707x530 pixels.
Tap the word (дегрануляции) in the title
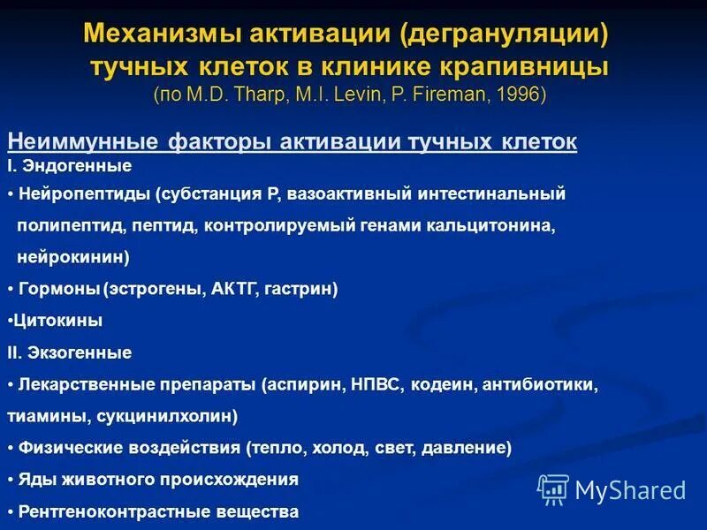pos(505,36)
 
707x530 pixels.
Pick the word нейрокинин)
pos(73,257)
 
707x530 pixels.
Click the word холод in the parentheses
pos(361,448)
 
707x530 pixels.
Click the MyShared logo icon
pos(552,488)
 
